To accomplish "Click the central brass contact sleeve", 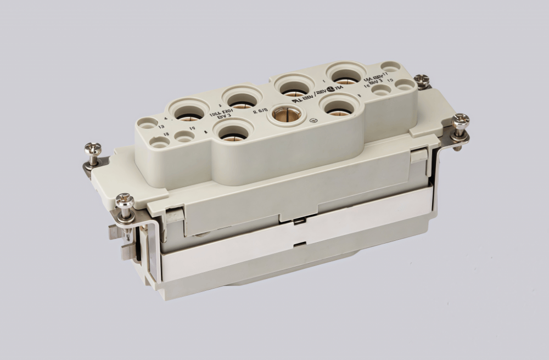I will click(x=286, y=114).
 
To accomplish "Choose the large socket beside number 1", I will click(x=346, y=74).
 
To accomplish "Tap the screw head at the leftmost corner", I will click(x=93, y=149).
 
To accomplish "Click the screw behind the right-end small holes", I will click(x=422, y=80).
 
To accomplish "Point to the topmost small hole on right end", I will click(x=390, y=66).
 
